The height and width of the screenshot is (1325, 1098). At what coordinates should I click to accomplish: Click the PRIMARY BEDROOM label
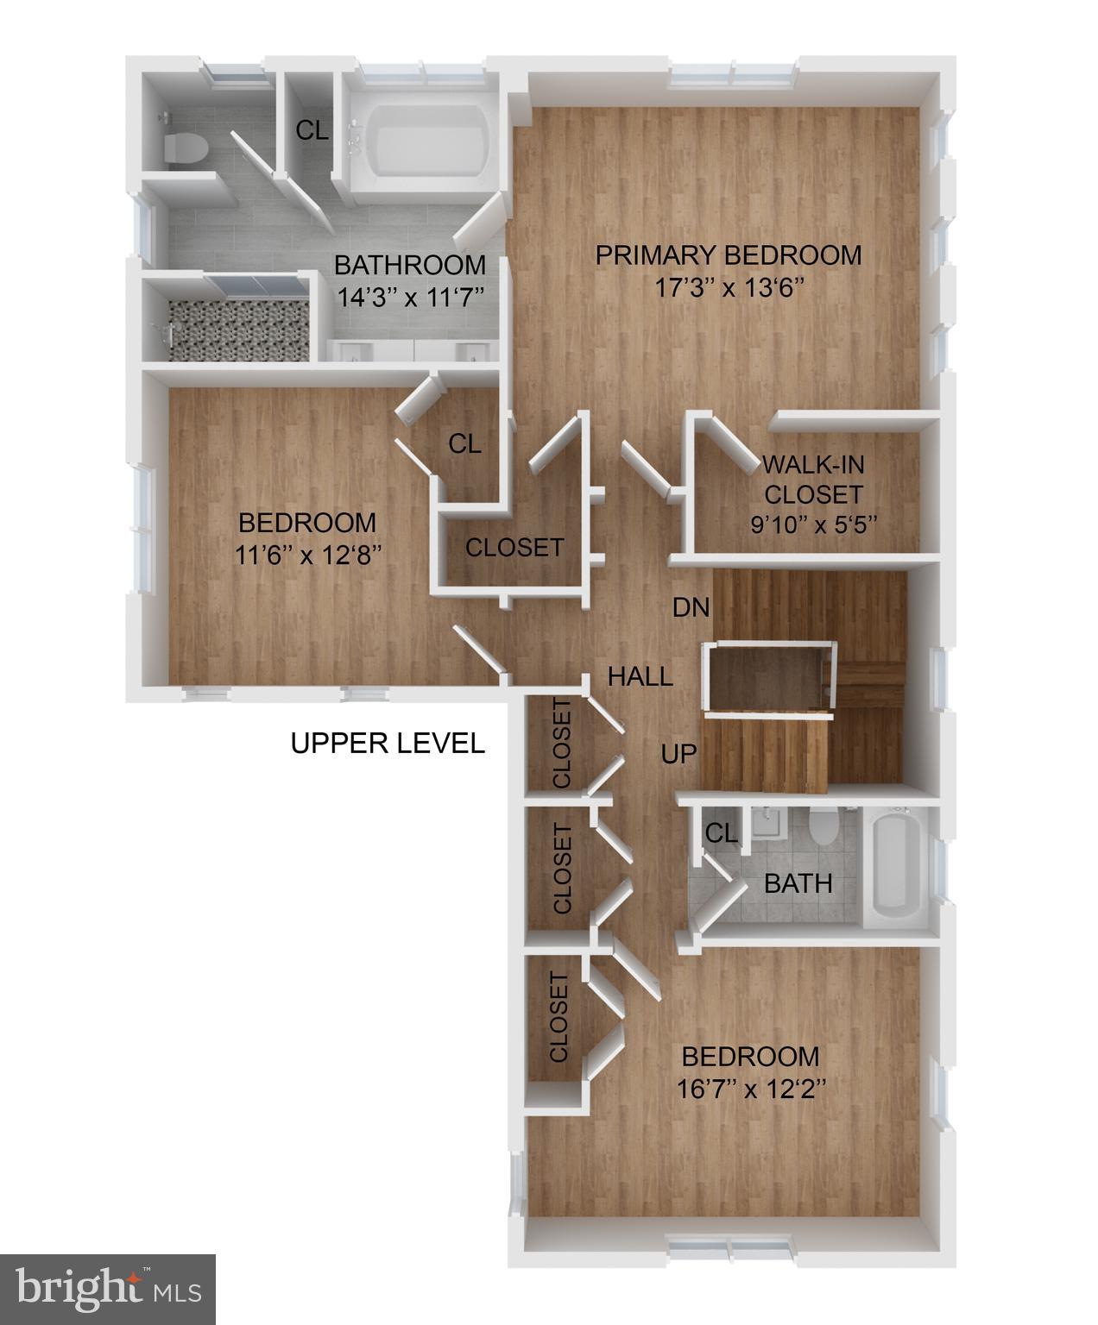click(728, 255)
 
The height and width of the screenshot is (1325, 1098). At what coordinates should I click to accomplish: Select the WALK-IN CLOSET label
click(812, 479)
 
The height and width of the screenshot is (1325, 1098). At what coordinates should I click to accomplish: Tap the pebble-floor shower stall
click(238, 330)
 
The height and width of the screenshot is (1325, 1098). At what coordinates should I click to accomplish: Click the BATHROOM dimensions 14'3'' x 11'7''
click(410, 298)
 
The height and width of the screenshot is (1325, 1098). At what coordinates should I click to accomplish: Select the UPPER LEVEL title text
click(388, 743)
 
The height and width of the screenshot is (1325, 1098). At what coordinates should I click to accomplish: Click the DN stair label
click(691, 607)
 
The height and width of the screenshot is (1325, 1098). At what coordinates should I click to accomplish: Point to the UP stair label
click(678, 754)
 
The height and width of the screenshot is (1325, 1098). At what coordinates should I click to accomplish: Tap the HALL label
click(640, 676)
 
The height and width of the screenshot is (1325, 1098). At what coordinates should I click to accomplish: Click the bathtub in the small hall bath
click(898, 866)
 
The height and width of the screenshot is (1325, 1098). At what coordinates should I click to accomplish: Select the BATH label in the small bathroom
click(798, 883)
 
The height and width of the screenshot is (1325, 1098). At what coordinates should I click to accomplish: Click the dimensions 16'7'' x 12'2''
click(749, 1089)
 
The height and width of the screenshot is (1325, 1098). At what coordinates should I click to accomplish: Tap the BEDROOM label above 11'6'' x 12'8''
click(307, 523)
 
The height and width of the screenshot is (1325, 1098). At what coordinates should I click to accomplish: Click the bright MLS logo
click(108, 1290)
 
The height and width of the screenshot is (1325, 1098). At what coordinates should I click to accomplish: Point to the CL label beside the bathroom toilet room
click(312, 130)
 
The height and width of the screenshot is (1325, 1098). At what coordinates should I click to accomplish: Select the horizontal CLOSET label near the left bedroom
click(514, 547)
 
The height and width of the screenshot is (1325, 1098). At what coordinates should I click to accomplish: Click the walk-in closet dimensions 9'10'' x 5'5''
click(813, 524)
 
